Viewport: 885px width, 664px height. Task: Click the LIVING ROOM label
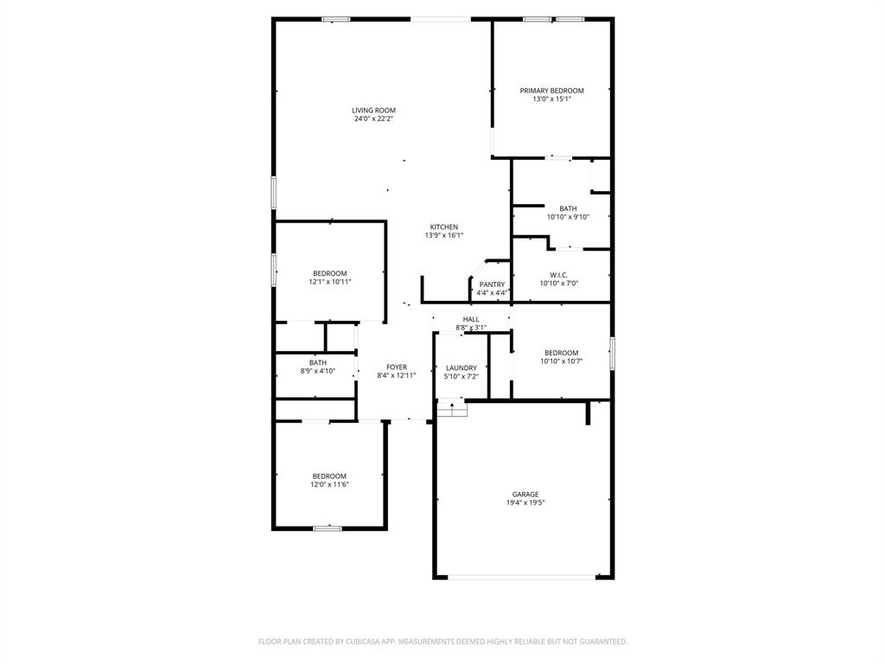373,110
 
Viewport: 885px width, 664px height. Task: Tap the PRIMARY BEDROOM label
551,90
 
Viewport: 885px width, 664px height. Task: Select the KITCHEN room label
444,227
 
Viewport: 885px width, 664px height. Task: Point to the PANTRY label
492,284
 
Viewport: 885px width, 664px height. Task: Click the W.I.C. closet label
559,274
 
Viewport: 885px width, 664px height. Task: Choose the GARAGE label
525,494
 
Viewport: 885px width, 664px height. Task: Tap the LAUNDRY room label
462,367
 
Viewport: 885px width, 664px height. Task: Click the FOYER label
397,367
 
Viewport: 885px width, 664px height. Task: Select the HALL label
471,319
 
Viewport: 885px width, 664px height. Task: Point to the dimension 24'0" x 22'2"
373,119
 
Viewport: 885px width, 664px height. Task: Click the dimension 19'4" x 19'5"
525,503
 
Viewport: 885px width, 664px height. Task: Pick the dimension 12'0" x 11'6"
329,484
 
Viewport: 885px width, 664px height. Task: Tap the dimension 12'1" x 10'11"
330,282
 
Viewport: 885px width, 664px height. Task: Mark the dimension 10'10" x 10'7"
562,361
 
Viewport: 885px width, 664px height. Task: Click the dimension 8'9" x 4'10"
318,371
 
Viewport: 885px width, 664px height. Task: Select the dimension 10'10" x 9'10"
568,217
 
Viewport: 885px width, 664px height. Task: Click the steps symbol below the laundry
451,409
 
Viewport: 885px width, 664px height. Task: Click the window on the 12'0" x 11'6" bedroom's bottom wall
328,527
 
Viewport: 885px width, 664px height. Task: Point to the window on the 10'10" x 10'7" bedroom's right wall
612,354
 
